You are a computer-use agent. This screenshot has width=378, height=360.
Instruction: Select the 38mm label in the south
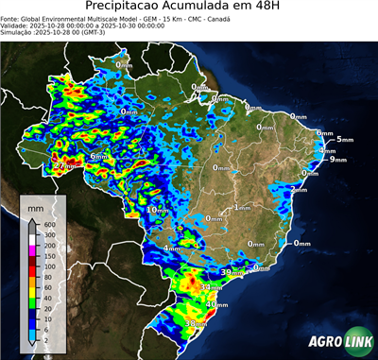[x=196, y=324]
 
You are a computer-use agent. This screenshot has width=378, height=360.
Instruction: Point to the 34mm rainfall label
[x=213, y=286]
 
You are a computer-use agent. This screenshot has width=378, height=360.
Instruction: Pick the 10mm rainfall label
[x=157, y=209]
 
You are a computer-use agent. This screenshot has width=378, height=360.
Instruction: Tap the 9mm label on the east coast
[x=337, y=160]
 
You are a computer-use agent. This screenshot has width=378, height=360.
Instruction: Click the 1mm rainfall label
[x=242, y=207]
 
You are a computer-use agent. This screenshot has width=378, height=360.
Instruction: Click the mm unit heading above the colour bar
[x=36, y=205]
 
